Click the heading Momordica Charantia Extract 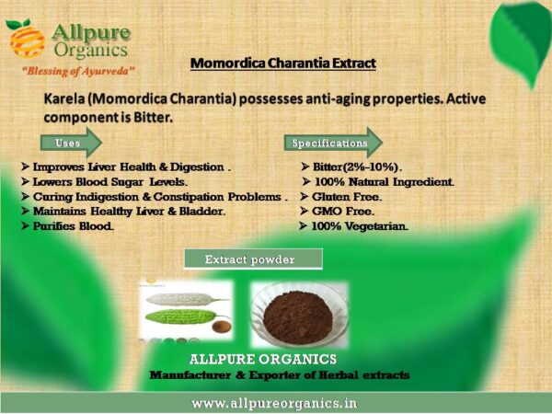(x=283, y=63)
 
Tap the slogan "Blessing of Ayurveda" (x=78, y=71)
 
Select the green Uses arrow (x=71, y=143)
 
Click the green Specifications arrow (x=333, y=143)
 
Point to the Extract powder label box (x=253, y=259)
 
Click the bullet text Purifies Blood (x=73, y=226)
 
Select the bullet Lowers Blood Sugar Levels (x=109, y=181)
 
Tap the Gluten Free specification (x=347, y=197)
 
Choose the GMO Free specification (x=343, y=212)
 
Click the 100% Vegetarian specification (x=360, y=226)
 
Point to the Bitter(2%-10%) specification (x=357, y=167)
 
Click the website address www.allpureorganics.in (x=274, y=403)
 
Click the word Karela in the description (x=64, y=99)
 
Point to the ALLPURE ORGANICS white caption (x=262, y=359)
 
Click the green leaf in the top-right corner (x=521, y=39)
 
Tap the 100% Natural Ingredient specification (x=384, y=181)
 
